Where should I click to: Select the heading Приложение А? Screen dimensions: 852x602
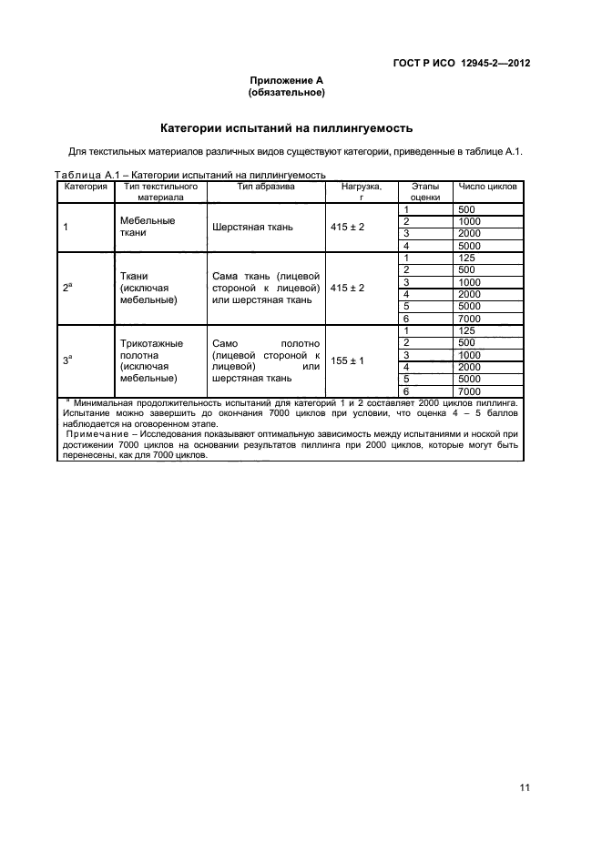point(287,81)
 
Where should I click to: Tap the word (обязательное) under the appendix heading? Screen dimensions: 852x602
point(287,93)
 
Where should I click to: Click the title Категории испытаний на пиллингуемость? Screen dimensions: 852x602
point(287,127)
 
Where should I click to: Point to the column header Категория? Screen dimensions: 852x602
point(85,187)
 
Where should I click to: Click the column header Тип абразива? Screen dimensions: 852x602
point(265,187)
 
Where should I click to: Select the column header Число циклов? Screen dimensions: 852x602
point(487,187)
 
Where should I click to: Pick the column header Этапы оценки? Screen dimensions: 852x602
point(425,191)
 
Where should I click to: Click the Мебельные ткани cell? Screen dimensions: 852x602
point(147,227)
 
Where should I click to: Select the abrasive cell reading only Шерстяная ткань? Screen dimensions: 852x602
point(252,227)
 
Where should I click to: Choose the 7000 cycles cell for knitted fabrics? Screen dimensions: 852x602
point(470,391)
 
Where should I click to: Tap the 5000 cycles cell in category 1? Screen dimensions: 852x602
point(470,246)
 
